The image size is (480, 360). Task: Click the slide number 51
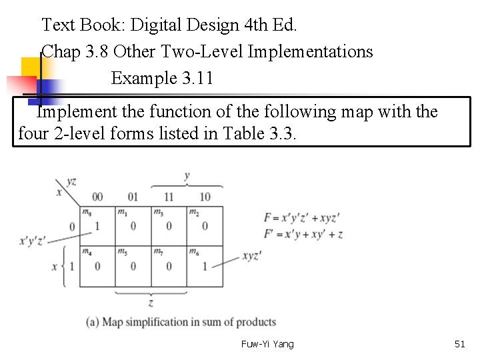click(x=459, y=344)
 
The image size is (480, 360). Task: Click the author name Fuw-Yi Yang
click(x=267, y=344)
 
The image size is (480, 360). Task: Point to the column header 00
click(x=97, y=197)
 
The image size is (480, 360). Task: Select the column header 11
click(x=169, y=197)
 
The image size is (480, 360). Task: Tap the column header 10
click(x=205, y=197)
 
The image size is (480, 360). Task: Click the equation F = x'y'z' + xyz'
click(x=302, y=218)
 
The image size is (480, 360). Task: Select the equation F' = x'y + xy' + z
click(x=304, y=234)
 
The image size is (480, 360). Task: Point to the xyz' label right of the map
click(x=252, y=255)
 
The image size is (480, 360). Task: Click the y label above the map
click(x=187, y=176)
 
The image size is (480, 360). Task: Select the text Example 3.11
click(x=162, y=79)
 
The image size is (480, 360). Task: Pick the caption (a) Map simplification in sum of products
click(x=181, y=322)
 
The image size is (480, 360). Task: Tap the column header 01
click(x=133, y=197)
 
